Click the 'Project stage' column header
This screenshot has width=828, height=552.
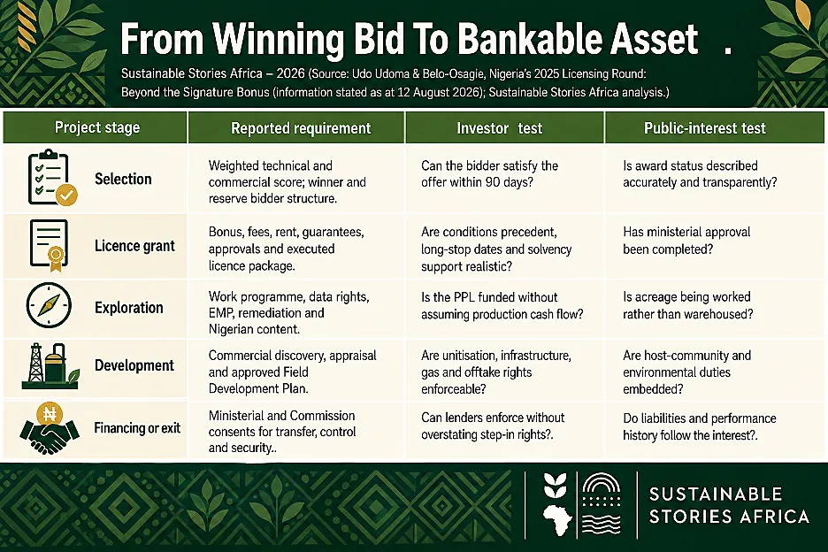pyautogui.click(x=97, y=128)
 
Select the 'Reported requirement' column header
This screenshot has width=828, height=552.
pyautogui.click(x=301, y=128)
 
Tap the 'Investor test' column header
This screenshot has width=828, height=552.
pyautogui.click(x=500, y=128)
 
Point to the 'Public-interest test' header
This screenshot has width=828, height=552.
pyautogui.click(x=705, y=128)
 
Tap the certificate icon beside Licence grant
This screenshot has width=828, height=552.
pyautogui.click(x=50, y=245)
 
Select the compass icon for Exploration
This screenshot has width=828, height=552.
pyautogui.click(x=49, y=305)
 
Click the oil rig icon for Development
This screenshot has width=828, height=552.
pyautogui.click(x=50, y=366)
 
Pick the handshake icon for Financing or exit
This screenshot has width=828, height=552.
pyautogui.click(x=50, y=428)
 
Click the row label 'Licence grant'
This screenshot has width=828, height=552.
pyautogui.click(x=134, y=246)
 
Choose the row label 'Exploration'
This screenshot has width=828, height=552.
pyautogui.click(x=129, y=308)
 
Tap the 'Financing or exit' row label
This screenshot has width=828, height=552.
pyautogui.click(x=137, y=428)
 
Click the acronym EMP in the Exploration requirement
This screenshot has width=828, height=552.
pyautogui.click(x=220, y=313)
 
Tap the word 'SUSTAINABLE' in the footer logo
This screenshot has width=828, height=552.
pyautogui.click(x=716, y=494)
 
